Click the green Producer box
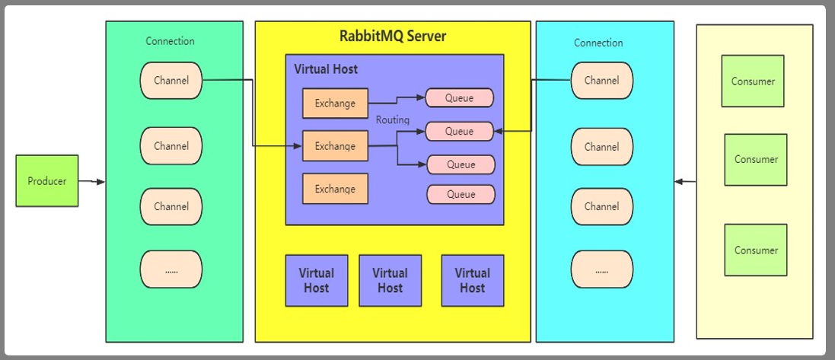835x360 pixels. tap(47, 181)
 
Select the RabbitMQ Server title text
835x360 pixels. tap(393, 37)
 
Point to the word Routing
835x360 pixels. tap(393, 120)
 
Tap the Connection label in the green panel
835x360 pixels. tap(171, 41)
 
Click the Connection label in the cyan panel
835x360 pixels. tap(598, 43)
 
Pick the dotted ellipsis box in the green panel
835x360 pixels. tap(171, 269)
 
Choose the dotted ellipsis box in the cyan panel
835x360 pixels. tap(601, 269)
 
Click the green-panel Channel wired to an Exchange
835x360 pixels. tap(171, 80)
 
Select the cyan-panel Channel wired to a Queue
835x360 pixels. tap(601, 80)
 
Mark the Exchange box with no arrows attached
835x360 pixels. tap(335, 189)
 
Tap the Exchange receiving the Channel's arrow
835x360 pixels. tap(335, 145)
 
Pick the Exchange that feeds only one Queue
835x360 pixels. tap(335, 103)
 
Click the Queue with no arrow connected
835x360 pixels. tap(461, 194)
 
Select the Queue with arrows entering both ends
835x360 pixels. tap(459, 131)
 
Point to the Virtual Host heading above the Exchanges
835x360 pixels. tap(326, 69)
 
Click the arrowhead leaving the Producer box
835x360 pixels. tap(101, 182)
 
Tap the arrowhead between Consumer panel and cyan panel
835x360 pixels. tap(678, 182)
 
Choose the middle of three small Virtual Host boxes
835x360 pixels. tap(390, 280)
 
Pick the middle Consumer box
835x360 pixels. tap(756, 160)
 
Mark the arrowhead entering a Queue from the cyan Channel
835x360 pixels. tap(497, 131)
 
